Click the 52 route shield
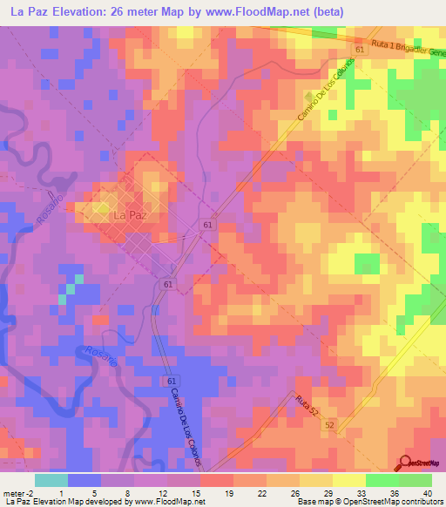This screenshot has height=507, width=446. click(x=328, y=424)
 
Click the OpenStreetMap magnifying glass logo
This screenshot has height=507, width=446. click(x=406, y=463)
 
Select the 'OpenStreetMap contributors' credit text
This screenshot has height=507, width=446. click(x=395, y=502)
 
